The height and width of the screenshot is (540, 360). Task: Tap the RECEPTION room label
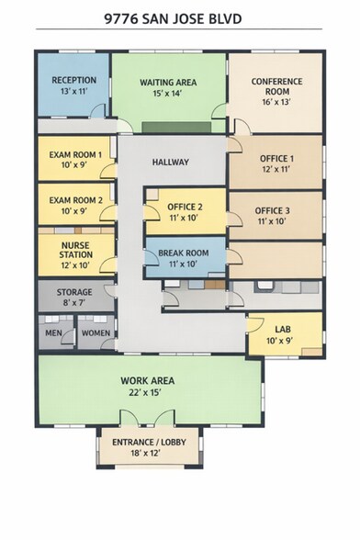[x=74, y=81]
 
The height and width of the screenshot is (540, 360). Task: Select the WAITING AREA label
[x=169, y=82]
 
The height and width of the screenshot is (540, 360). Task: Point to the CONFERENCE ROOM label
[x=276, y=87]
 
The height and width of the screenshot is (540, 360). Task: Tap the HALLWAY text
[x=171, y=163]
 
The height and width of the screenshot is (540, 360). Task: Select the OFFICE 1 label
[x=276, y=159]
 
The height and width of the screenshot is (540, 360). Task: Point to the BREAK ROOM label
[x=184, y=253]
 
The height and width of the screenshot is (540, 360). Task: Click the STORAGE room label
[x=75, y=292]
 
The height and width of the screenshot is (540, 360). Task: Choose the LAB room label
[x=283, y=326]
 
